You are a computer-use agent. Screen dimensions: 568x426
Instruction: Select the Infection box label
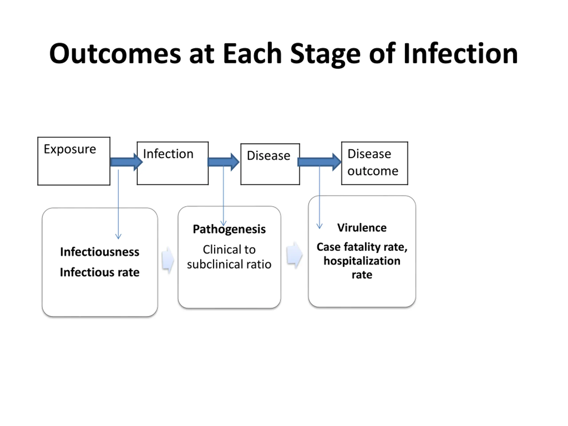[168, 154]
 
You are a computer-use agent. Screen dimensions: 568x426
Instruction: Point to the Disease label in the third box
[269, 156]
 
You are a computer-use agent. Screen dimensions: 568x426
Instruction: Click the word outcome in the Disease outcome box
[373, 171]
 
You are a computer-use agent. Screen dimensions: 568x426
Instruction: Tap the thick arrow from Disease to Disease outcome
[319, 162]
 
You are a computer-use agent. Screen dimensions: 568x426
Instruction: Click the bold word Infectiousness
[100, 252]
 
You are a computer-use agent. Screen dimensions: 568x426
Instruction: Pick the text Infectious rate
[100, 272]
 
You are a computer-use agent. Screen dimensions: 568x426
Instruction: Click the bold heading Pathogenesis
[229, 229]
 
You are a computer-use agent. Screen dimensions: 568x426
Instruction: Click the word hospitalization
[362, 261]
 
